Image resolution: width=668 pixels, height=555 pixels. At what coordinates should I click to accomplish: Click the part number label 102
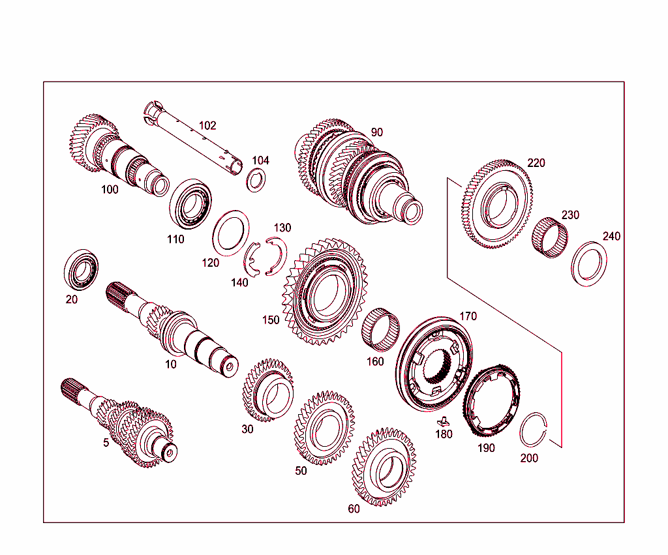click(207, 125)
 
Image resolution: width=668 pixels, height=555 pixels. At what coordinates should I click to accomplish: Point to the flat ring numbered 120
click(232, 233)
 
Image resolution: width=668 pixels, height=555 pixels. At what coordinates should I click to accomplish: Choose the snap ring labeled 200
click(536, 430)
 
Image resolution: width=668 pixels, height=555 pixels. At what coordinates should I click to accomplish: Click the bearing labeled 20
click(82, 269)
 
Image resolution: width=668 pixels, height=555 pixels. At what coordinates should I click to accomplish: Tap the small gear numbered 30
click(269, 389)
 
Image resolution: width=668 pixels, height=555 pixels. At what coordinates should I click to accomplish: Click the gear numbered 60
click(384, 467)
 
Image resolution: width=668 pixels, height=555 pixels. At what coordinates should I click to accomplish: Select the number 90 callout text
click(376, 132)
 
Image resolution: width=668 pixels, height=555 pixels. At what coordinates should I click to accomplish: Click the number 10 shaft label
click(170, 365)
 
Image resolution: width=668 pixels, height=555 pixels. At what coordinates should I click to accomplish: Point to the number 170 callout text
click(468, 316)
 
